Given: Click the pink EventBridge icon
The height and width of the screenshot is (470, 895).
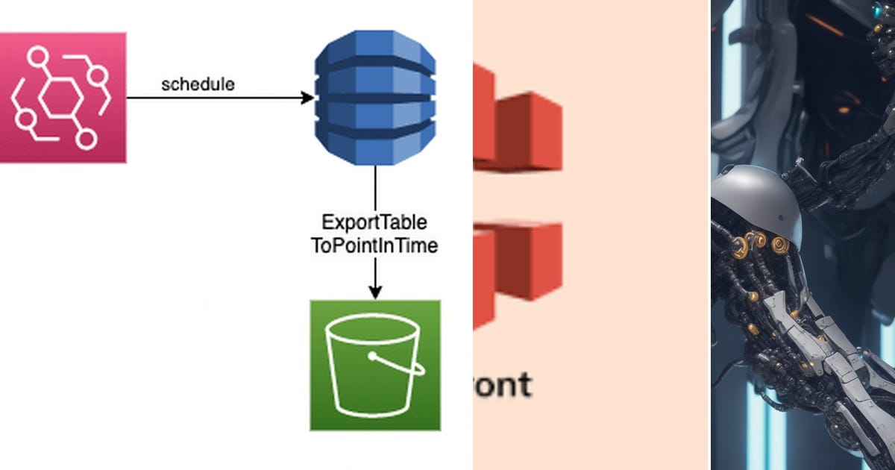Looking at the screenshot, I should click(x=62, y=97).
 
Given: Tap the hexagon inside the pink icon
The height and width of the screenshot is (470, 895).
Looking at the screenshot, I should click(x=60, y=98).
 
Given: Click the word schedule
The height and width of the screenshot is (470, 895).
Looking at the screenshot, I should click(x=198, y=84).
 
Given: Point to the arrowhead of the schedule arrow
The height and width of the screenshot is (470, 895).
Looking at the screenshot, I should click(x=307, y=98).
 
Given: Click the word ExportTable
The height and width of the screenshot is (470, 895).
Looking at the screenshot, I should click(x=374, y=222).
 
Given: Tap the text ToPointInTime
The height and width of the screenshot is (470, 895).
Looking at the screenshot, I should click(x=374, y=245).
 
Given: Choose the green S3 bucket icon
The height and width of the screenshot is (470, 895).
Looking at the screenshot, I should click(x=375, y=365).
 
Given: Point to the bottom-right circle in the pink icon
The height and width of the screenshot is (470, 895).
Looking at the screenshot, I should click(x=87, y=139).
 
